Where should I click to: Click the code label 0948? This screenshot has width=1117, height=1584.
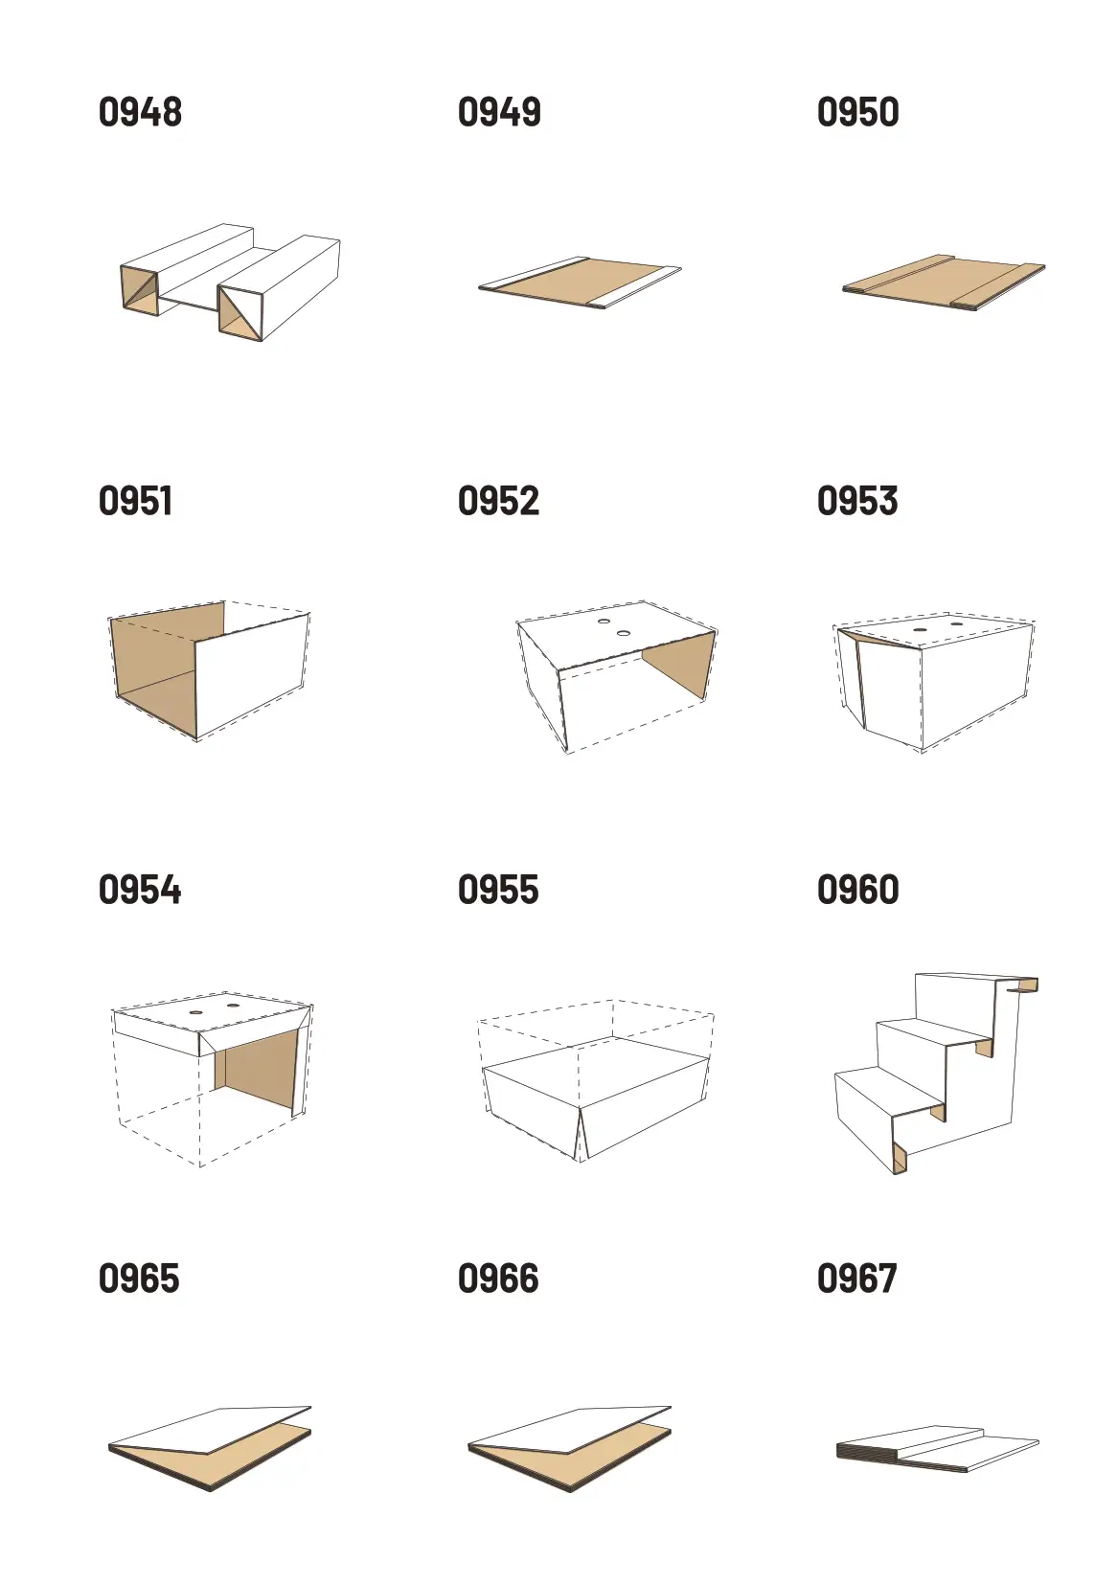click(x=140, y=112)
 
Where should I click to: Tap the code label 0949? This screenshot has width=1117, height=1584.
click(x=499, y=112)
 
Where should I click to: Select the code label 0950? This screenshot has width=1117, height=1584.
click(x=858, y=112)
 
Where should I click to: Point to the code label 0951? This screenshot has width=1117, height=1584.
click(x=135, y=501)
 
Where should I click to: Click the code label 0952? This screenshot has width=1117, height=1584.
click(x=499, y=501)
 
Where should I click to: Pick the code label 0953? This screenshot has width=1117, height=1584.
click(x=857, y=501)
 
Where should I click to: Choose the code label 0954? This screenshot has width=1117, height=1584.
click(x=140, y=890)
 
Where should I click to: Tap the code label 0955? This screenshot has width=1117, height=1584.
click(x=499, y=890)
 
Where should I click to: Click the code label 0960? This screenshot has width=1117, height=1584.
click(x=858, y=890)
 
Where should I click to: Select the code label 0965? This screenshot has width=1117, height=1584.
click(x=139, y=1279)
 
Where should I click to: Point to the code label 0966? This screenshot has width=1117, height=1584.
click(x=499, y=1279)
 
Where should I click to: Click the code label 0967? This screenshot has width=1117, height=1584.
click(x=857, y=1279)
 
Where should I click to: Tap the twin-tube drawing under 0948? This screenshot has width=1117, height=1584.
click(x=230, y=283)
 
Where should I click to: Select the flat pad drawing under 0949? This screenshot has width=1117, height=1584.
click(x=581, y=283)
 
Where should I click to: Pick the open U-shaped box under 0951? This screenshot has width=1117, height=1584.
click(x=210, y=670)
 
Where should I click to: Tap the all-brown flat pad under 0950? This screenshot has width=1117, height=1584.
click(x=944, y=283)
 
